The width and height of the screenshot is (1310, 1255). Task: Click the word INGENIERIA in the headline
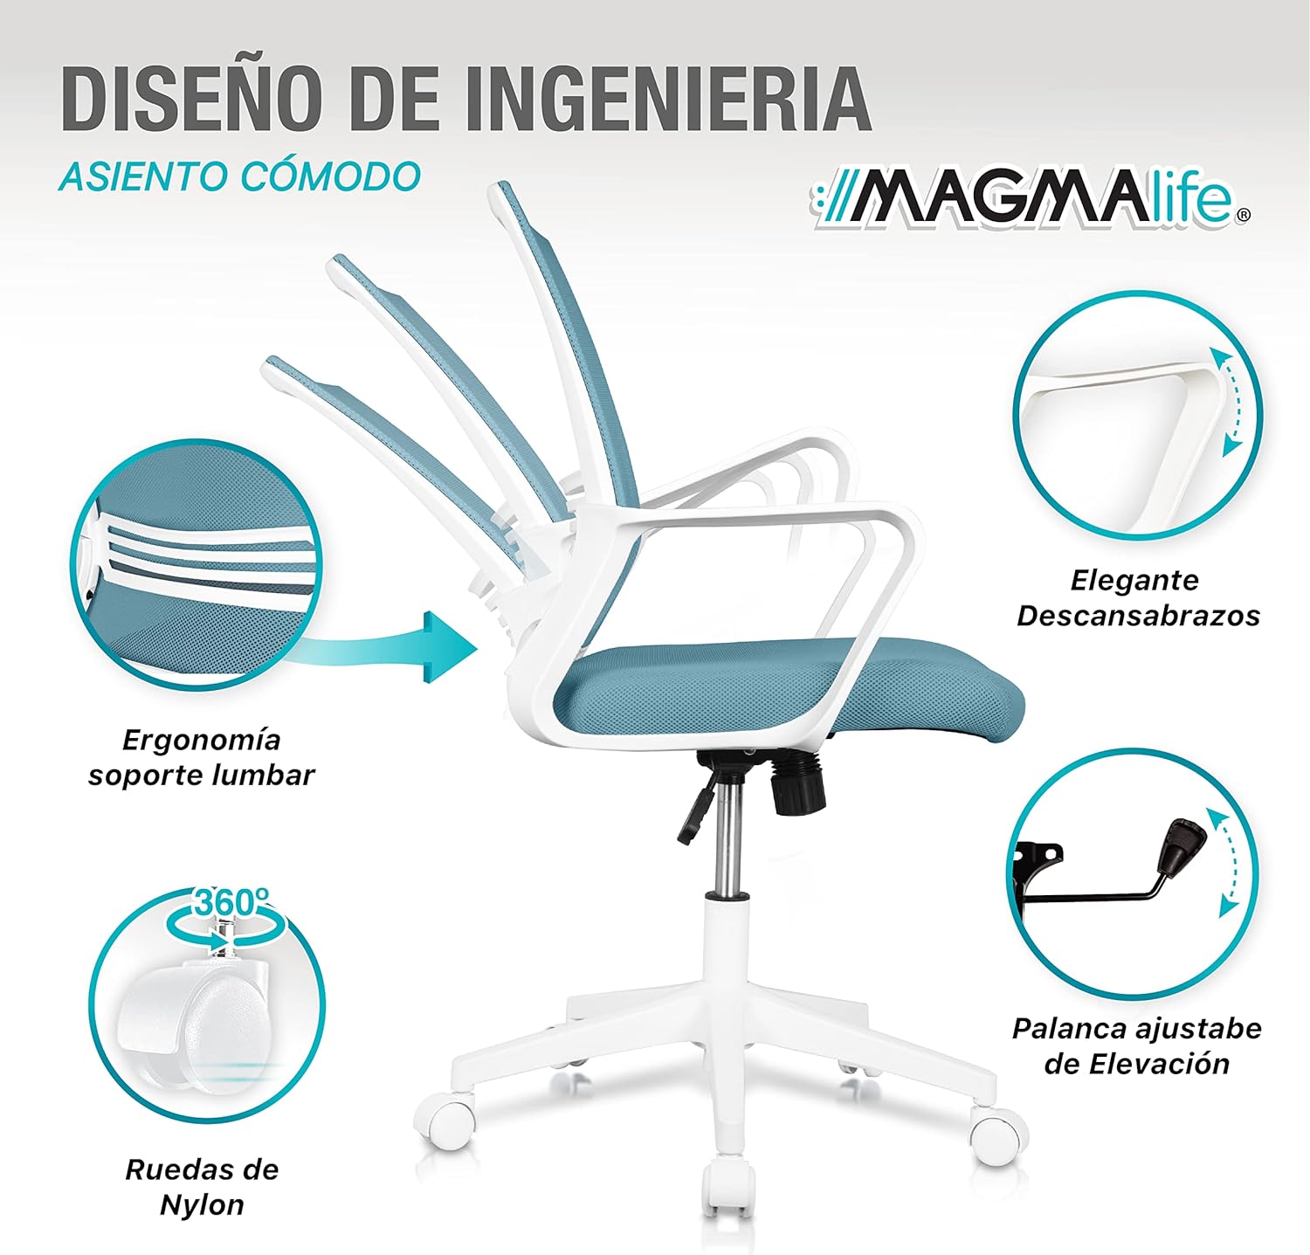pyautogui.click(x=666, y=98)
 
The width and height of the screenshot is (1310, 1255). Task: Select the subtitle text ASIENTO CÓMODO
pyautogui.click(x=240, y=176)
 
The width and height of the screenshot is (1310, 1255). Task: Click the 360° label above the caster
pyautogui.click(x=230, y=902)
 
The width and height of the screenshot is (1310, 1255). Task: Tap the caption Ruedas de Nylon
pyautogui.click(x=202, y=1187)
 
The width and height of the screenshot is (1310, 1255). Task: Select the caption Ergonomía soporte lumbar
pyautogui.click(x=201, y=757)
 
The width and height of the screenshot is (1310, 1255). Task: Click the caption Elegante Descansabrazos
pyautogui.click(x=1137, y=598)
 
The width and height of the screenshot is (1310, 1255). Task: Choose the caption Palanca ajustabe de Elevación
pyautogui.click(x=1137, y=1045)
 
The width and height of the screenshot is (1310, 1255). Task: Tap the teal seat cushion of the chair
pyautogui.click(x=786, y=690)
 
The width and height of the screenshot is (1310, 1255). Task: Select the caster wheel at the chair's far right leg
pyautogui.click(x=996, y=1135)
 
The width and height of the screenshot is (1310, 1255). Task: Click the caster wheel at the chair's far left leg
pyautogui.click(x=447, y=1121)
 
